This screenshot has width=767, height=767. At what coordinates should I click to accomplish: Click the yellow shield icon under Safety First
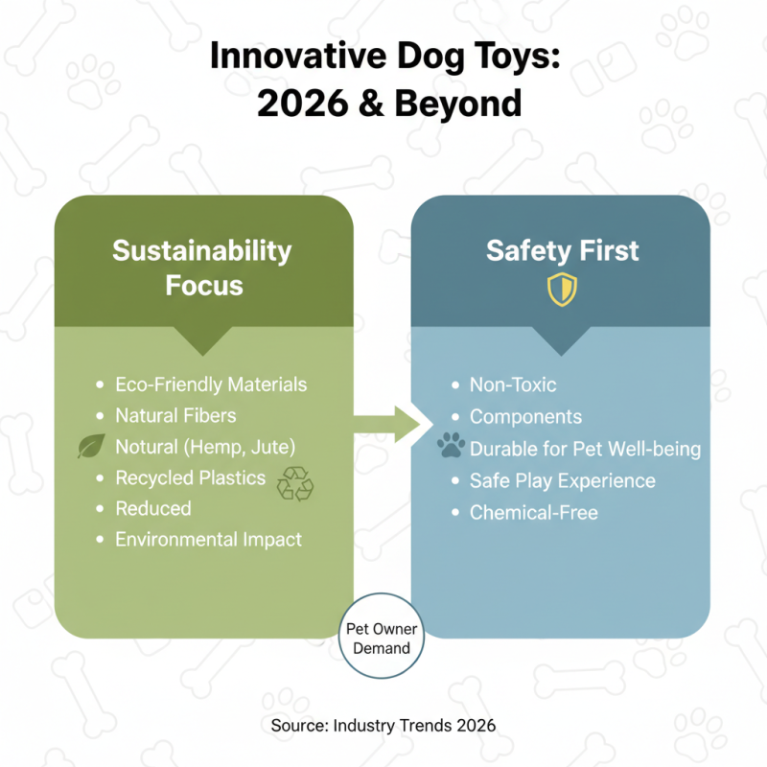click(x=561, y=290)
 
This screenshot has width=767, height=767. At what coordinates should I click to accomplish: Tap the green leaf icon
click(x=91, y=447)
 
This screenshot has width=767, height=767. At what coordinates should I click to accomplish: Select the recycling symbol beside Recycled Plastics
click(x=294, y=484)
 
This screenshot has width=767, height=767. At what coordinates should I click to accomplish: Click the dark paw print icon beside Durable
click(x=450, y=447)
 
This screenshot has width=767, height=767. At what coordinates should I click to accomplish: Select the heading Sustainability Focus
click(x=202, y=267)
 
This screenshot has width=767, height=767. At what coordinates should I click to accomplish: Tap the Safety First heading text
click(x=561, y=251)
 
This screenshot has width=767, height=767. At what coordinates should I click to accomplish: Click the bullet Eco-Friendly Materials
click(x=211, y=384)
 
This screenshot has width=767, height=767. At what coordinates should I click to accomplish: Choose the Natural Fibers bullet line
click(x=175, y=416)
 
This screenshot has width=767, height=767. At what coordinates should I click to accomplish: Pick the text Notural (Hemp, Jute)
click(x=204, y=447)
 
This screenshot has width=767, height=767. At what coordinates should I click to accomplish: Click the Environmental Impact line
click(x=208, y=539)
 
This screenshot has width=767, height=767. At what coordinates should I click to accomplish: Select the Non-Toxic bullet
click(x=513, y=384)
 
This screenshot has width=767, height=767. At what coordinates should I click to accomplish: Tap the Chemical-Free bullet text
click(x=533, y=512)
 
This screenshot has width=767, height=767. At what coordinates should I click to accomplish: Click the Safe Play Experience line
click(x=562, y=480)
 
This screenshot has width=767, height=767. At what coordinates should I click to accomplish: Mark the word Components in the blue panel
click(x=525, y=416)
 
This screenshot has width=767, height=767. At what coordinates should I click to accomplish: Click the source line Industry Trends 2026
click(x=383, y=725)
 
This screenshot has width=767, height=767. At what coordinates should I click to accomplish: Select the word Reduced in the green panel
click(x=153, y=508)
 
